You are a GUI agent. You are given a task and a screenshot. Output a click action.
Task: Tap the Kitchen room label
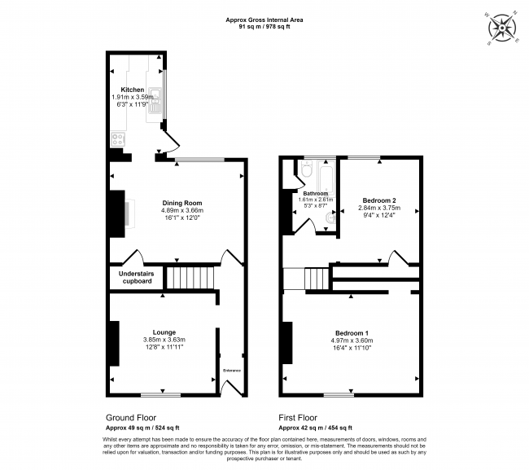tap(133, 90)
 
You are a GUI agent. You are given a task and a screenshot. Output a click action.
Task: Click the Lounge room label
tap(164, 332)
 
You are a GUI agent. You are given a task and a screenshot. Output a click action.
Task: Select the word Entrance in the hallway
tap(232, 371)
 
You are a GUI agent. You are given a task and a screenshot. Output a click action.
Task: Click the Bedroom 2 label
tap(378, 200)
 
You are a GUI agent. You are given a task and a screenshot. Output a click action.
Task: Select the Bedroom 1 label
tap(351, 332)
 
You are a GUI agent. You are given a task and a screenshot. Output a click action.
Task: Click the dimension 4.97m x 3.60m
tap(351, 340)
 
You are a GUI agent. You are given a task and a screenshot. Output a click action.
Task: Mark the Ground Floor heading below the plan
tap(129, 415)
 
